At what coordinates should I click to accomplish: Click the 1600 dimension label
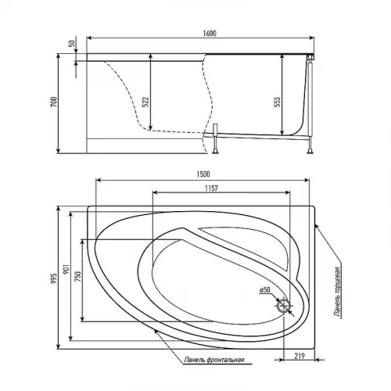[x=210, y=34]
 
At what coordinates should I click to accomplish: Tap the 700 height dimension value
[x=53, y=102]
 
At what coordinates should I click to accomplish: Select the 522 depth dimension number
[x=145, y=102]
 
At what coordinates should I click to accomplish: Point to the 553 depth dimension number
[x=278, y=102]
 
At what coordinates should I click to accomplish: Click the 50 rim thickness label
[x=72, y=43]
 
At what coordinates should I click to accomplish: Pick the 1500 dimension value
[x=203, y=174]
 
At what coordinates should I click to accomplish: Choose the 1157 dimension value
[x=211, y=188]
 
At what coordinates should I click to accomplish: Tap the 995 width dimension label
[x=53, y=279]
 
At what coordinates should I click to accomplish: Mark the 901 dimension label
[x=66, y=268]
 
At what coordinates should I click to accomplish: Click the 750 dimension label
[x=78, y=277]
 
